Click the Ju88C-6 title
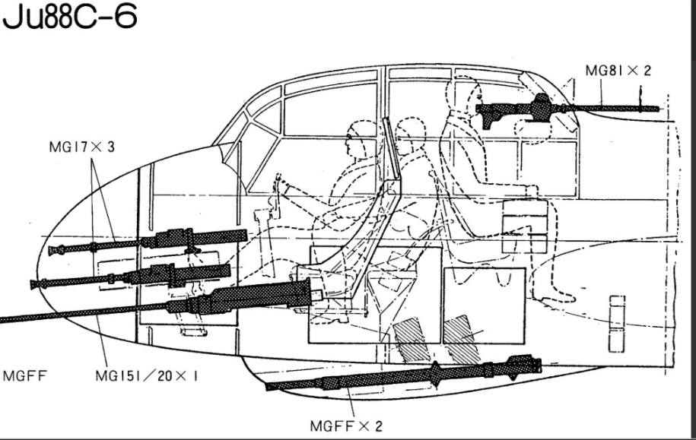pyautogui.click(x=70, y=16)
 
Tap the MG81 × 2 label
pyautogui.click(x=618, y=71)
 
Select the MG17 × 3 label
pyautogui.click(x=81, y=147)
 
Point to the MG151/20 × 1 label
pyautogui.click(x=147, y=376)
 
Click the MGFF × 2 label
pyautogui.click(x=346, y=426)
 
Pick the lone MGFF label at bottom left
pyautogui.click(x=24, y=376)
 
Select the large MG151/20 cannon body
pyautogui.click(x=240, y=296)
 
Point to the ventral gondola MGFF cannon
pyautogui.click(x=403, y=373)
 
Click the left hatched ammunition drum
pyautogui.click(x=412, y=340)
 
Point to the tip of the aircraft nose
pyautogui.click(x=37, y=271)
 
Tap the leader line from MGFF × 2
pyautogui.click(x=351, y=402)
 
